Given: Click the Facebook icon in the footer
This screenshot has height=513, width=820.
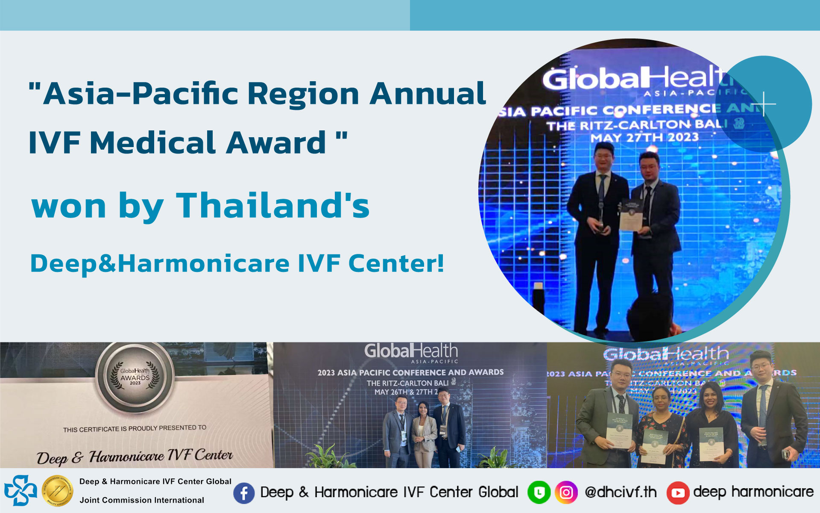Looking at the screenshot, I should [x=244, y=493].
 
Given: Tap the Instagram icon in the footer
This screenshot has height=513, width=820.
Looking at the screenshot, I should [x=566, y=493].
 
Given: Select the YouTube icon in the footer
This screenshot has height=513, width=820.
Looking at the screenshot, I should [x=678, y=493].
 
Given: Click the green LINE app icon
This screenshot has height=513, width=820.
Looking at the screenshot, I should [x=539, y=493].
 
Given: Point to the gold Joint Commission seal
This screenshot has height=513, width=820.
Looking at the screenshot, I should [x=58, y=491].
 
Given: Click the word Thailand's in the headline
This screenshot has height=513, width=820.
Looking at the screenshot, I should [x=273, y=206].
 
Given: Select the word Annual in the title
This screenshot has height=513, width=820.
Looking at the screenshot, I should [x=428, y=94].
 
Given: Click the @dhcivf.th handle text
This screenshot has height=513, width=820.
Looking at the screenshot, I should [x=620, y=492].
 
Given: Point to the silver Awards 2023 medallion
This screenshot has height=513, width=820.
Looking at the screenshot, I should [x=135, y=377].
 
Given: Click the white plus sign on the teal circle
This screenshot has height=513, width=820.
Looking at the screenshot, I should [x=764, y=104].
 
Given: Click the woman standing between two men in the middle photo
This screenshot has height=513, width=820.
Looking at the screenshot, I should [x=424, y=432].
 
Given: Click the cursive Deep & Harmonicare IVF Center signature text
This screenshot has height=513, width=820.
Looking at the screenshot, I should [x=135, y=457].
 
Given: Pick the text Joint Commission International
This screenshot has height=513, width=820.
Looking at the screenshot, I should [x=142, y=500].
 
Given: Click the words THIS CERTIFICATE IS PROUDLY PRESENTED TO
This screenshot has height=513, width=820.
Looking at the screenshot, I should [x=135, y=428].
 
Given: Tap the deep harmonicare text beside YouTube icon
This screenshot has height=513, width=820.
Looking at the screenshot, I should [x=753, y=492].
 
